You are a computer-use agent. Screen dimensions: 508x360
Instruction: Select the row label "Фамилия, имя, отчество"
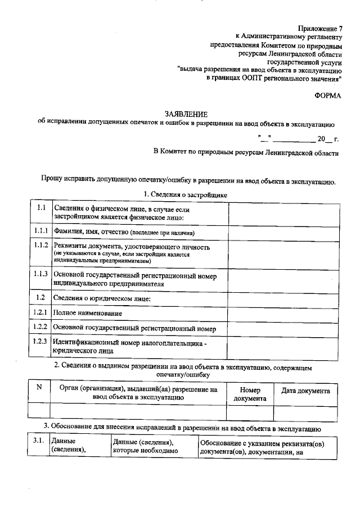click(124, 232)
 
